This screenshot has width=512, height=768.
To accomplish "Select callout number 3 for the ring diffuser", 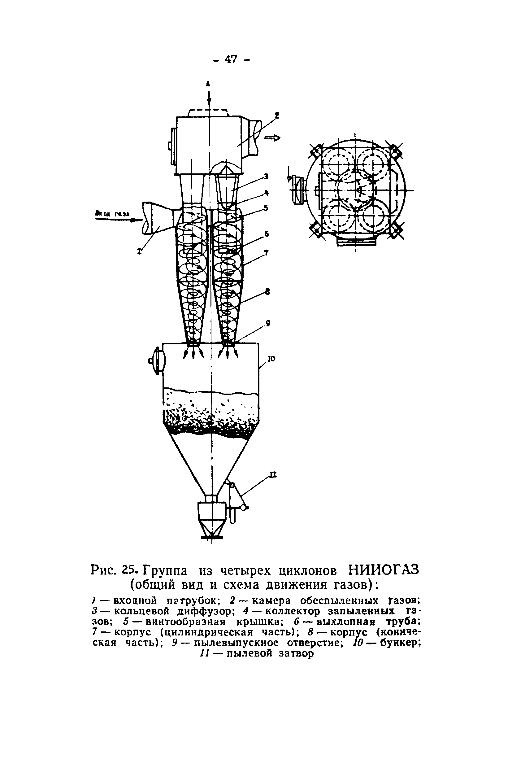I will [x=266, y=177].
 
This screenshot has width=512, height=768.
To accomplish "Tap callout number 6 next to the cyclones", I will [x=267, y=233].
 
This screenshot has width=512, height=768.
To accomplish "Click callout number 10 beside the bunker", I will [x=271, y=359].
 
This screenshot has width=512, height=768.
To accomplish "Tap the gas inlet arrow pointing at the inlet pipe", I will [x=114, y=220].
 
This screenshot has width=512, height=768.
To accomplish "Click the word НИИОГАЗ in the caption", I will [x=383, y=570].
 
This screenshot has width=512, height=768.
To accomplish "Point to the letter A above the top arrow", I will [x=208, y=84].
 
